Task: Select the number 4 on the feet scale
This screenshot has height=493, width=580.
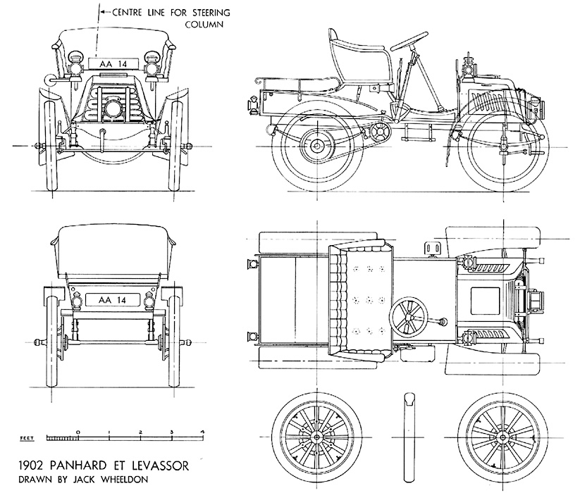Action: click(x=202, y=430)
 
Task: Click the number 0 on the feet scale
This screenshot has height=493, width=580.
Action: click(x=78, y=430)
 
